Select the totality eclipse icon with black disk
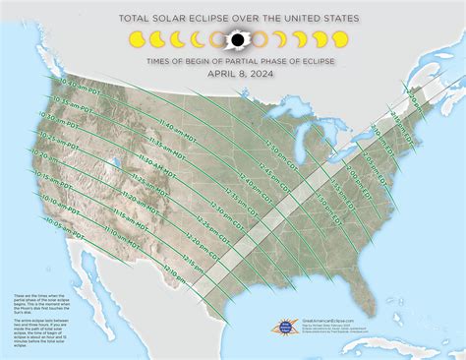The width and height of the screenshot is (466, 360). pyautogui.click(x=235, y=39)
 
